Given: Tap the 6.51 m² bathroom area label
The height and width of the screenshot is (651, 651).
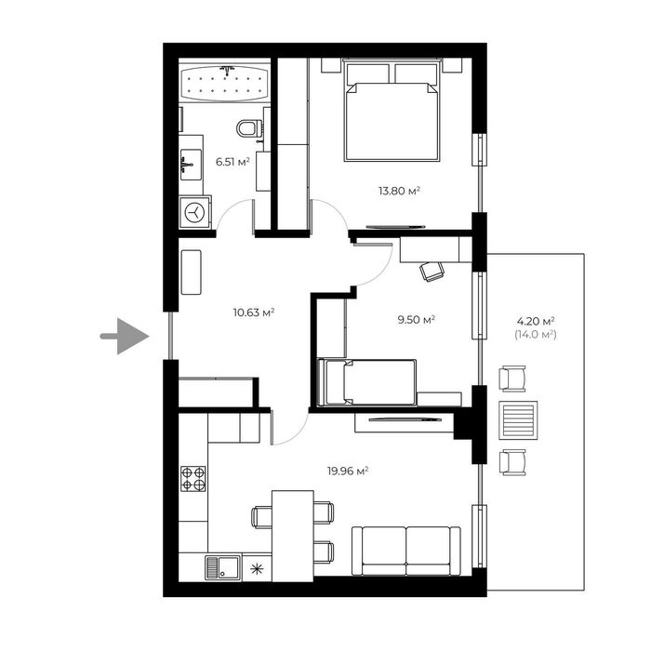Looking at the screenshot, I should coord(232,162).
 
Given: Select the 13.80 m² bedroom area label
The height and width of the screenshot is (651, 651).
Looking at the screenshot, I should coord(399,191).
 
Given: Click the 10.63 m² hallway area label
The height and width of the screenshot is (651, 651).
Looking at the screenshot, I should coord(252,312).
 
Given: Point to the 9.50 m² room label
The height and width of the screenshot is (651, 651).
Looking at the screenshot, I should coord(417,319).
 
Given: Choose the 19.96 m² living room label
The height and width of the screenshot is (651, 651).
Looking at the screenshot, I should coord(349,471).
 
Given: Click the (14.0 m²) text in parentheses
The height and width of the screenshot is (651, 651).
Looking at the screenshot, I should coord(534,333).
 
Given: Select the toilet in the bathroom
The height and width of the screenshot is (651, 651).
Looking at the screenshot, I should coord(250,127).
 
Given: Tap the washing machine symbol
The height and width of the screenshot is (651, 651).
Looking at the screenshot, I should coord(195,212).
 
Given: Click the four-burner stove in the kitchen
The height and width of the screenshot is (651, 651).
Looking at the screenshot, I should coord(193,479).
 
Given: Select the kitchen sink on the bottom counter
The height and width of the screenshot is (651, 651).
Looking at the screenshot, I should coord(223,565).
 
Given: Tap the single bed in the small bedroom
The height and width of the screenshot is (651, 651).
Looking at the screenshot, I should coord(367,382).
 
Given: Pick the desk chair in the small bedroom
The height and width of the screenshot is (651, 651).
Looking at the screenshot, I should coord(432,270).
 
